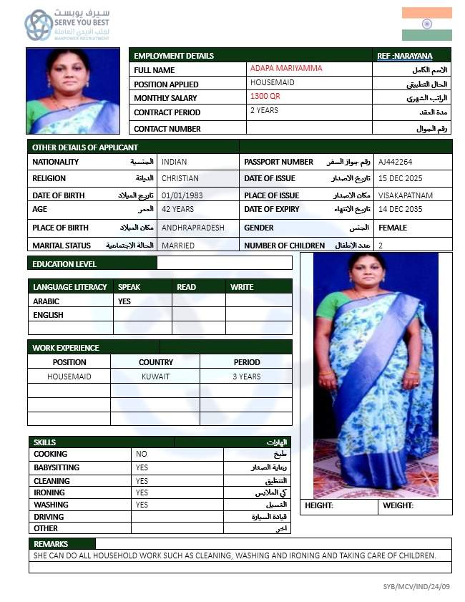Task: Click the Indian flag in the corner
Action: pyautogui.click(x=426, y=24)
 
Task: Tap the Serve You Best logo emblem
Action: pyautogui.click(x=38, y=25)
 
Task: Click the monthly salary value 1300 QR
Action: pyautogui.click(x=265, y=96)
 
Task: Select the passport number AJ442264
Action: pyautogui.click(x=395, y=162)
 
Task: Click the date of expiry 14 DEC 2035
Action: pyautogui.click(x=401, y=209)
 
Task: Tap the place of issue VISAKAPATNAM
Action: pyautogui.click(x=406, y=195)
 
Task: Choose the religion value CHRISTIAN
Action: pyautogui.click(x=180, y=178)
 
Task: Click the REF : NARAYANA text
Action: pyautogui.click(x=404, y=56)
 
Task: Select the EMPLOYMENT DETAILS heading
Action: pyautogui.click(x=174, y=56)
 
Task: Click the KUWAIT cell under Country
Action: pyautogui.click(x=155, y=377)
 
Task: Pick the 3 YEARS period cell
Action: pyautogui.click(x=247, y=377)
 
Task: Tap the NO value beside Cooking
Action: pyautogui.click(x=142, y=454)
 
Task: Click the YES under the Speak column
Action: pyautogui.click(x=124, y=301)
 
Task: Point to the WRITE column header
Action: pyautogui.click(x=242, y=287)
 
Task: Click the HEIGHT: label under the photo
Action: pyautogui.click(x=319, y=505)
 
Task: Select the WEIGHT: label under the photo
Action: pyautogui.click(x=398, y=505)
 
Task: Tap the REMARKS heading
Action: pyautogui.click(x=51, y=544)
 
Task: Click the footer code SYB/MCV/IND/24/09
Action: pyautogui.click(x=416, y=587)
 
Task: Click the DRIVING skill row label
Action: pyautogui.click(x=49, y=517)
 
